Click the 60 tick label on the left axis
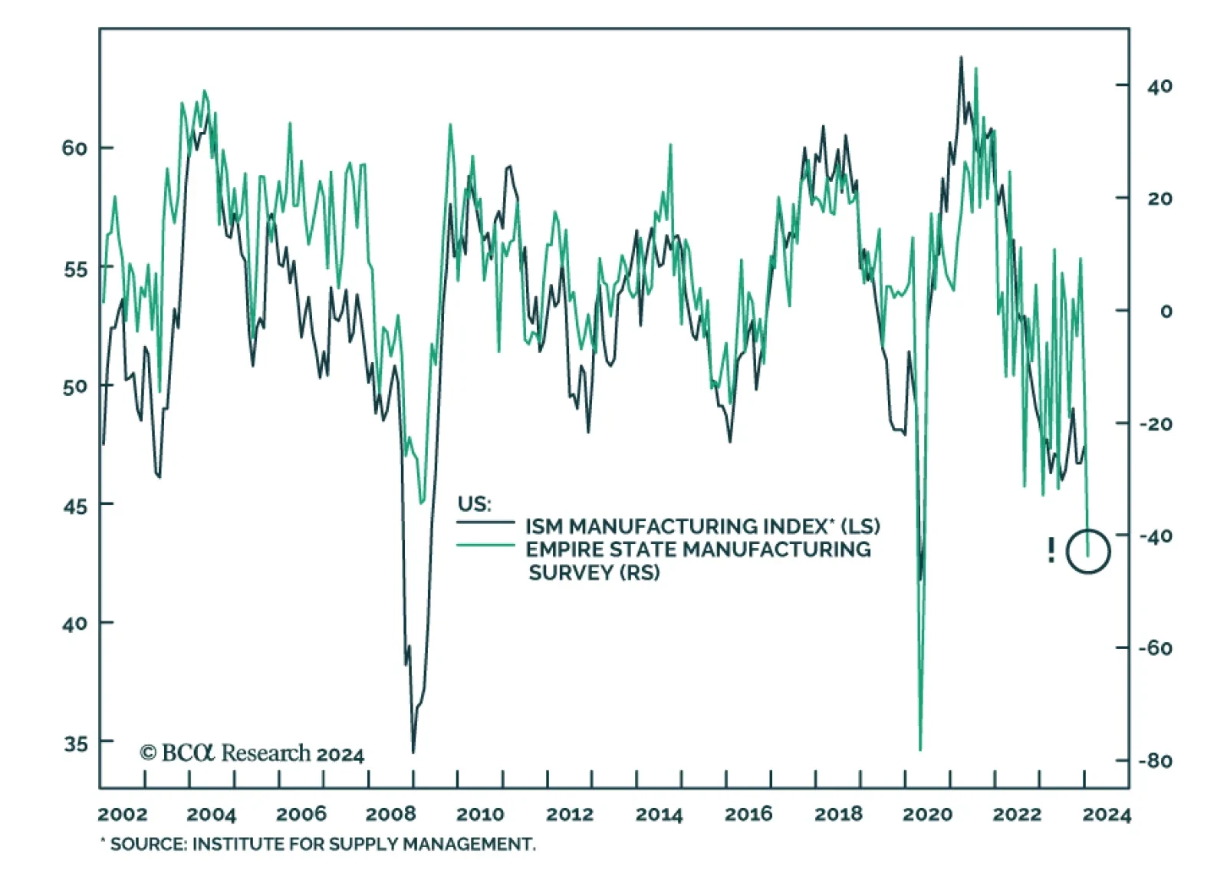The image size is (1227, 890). click(74, 148)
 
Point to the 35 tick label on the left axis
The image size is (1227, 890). click(76, 743)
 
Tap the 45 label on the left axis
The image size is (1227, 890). click(75, 506)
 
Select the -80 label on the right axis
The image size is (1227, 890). click(1155, 761)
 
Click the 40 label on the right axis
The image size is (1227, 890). click(1160, 86)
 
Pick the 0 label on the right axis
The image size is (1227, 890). click(1166, 311)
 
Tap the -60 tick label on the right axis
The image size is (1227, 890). click(1155, 648)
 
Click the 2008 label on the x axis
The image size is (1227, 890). click(390, 814)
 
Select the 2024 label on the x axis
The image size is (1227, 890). click(1107, 814)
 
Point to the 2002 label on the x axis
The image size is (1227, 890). click(123, 814)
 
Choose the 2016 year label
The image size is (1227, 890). click(748, 814)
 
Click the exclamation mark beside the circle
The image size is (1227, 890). click(1051, 550)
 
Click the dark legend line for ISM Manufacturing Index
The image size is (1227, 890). click(485, 523)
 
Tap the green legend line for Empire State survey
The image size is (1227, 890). click(485, 546)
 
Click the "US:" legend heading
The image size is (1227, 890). click(474, 504)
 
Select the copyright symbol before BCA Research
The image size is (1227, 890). click(148, 753)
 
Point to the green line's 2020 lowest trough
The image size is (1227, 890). click(920, 749)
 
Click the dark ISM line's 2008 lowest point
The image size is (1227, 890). click(413, 752)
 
